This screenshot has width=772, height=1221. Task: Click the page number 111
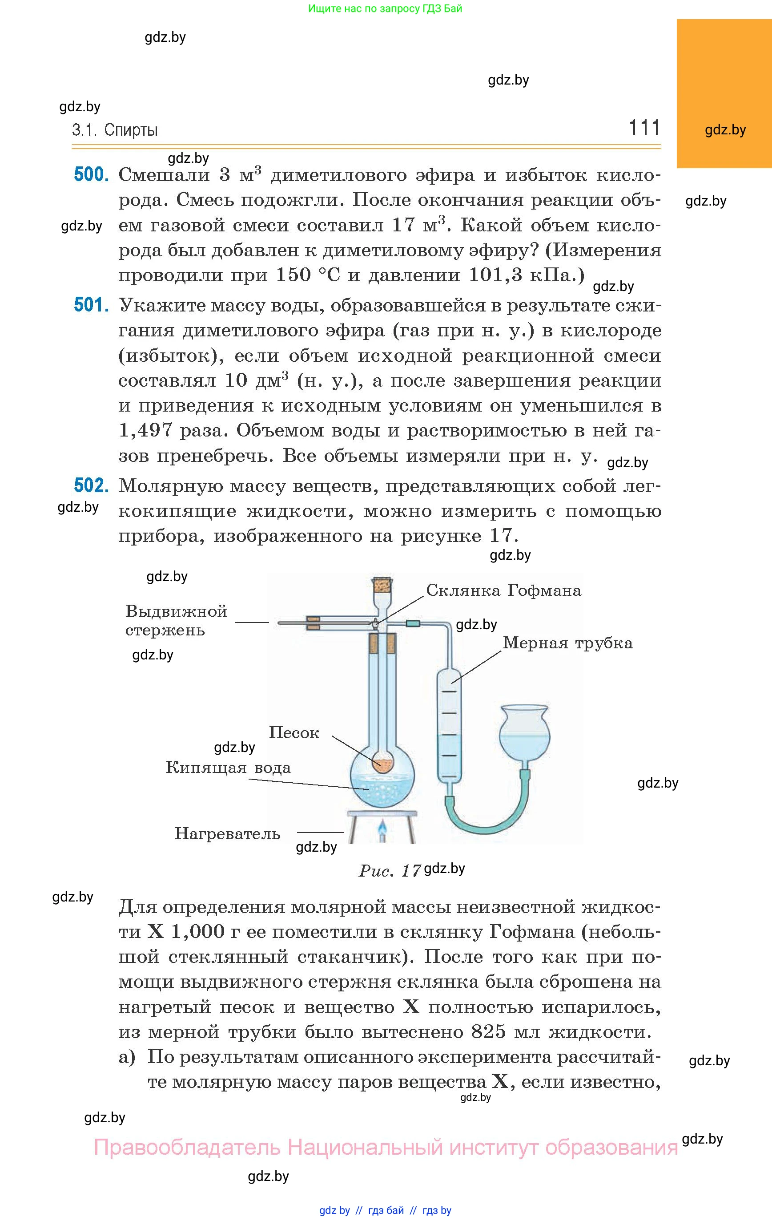click(644, 127)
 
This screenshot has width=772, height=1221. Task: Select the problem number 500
click(91, 174)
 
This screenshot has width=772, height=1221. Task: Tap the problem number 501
click(91, 305)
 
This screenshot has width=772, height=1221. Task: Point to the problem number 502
click(91, 485)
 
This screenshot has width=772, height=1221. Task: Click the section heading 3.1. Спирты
click(115, 130)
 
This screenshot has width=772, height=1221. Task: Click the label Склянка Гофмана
click(503, 590)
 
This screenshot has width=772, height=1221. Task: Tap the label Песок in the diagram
click(294, 732)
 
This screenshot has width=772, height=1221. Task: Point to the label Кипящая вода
click(229, 768)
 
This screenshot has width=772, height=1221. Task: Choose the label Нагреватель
click(228, 833)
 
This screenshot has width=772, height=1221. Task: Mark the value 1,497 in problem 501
click(145, 430)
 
